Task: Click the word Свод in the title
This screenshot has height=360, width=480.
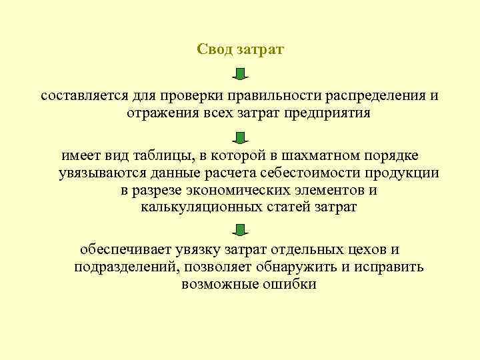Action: (213, 50)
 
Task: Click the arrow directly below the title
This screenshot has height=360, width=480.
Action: (241, 73)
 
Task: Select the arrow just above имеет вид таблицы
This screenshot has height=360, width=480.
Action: (241, 137)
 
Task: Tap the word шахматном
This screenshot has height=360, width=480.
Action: (317, 155)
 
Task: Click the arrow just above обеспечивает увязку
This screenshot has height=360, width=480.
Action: (241, 231)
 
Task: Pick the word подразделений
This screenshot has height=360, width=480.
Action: (120, 267)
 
